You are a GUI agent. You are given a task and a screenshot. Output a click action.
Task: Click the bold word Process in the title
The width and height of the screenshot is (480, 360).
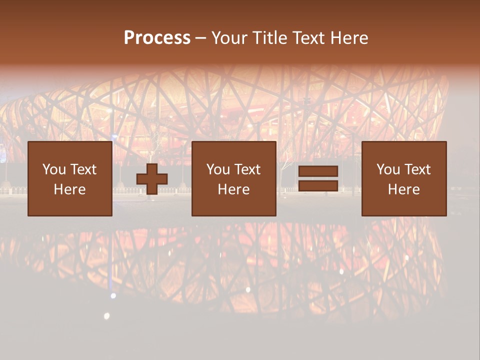click(157, 38)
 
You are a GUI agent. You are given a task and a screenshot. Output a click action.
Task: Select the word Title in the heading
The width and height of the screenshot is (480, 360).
click(270, 38)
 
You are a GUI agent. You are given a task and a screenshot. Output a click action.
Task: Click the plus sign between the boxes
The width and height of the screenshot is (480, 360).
click(152, 179)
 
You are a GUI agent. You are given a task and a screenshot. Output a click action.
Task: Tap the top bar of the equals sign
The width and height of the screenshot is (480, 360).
click(318, 171)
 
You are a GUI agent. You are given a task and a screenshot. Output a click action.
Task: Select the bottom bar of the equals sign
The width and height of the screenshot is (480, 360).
click(318, 186)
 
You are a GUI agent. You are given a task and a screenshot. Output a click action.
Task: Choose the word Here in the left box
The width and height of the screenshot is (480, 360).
click(69, 189)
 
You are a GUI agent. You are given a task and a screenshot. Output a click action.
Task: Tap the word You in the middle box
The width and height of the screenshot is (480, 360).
click(218, 169)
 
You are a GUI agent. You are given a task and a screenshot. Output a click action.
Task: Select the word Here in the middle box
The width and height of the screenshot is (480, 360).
click(233, 189)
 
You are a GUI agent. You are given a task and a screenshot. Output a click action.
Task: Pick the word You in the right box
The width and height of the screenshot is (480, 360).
click(388, 169)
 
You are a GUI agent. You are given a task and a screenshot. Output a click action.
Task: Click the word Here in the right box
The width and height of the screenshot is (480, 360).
click(403, 189)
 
